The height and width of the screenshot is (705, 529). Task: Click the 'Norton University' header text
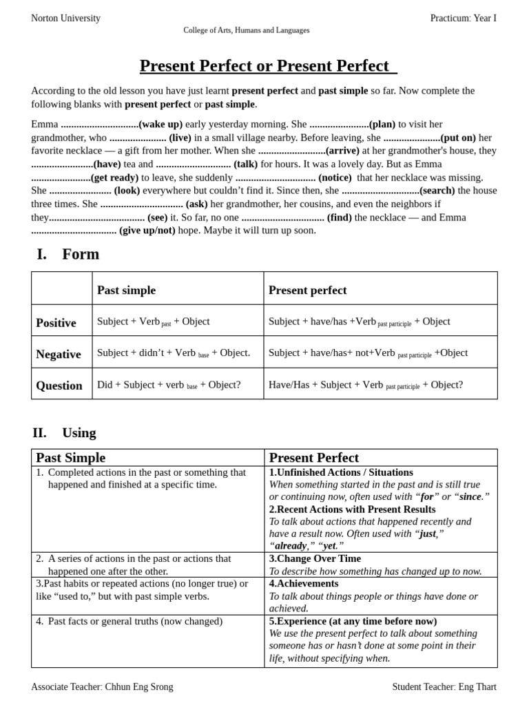point(65,19)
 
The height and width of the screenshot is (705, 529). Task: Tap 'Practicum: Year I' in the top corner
point(463,19)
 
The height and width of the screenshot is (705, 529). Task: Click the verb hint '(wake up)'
point(160,125)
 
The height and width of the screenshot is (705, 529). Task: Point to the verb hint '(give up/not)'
point(147,231)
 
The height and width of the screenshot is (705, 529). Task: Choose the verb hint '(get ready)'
point(115,178)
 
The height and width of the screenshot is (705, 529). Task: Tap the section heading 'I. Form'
point(68,254)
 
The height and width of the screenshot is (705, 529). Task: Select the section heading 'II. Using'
point(64,433)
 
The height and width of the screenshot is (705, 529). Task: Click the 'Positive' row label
point(56,323)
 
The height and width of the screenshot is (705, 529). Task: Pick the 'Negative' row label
point(59,355)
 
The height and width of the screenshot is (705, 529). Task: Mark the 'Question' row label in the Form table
point(59,386)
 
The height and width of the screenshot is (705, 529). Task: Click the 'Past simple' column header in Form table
point(127,291)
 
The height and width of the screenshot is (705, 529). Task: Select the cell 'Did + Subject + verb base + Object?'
point(169,385)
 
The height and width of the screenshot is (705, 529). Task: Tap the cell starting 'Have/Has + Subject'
point(366,385)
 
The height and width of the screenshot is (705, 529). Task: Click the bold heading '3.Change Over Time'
point(315,559)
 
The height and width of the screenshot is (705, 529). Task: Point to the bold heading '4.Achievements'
point(304,584)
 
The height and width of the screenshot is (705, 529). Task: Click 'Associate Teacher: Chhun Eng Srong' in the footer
point(102,687)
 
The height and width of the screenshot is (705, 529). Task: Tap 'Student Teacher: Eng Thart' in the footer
point(444,687)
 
